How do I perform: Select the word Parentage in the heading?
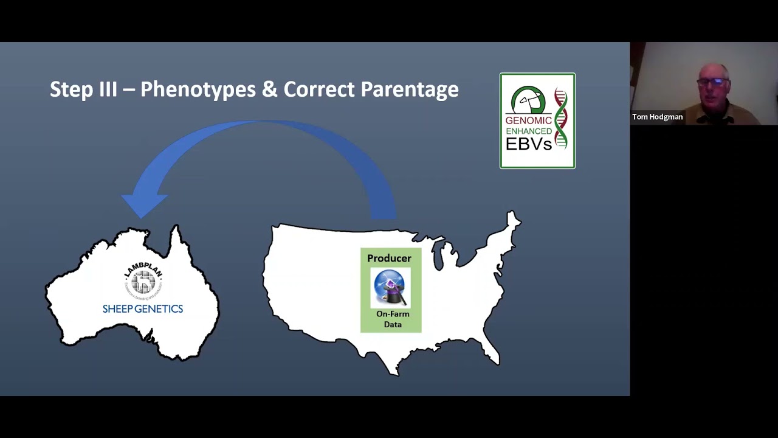click(409, 89)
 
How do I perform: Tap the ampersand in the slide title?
click(269, 89)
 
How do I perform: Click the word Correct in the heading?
click(318, 89)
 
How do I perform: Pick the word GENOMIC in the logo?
click(529, 120)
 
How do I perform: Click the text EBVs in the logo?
click(529, 144)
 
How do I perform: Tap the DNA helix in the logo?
click(560, 119)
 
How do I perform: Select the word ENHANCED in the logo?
click(529, 131)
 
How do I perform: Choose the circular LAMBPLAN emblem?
click(143, 280)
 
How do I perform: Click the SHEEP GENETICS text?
click(143, 309)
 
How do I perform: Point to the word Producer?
click(389, 259)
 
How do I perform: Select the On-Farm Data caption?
click(393, 319)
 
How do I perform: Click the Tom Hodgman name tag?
click(657, 117)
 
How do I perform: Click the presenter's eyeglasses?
click(714, 82)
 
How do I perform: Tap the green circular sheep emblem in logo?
click(528, 100)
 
